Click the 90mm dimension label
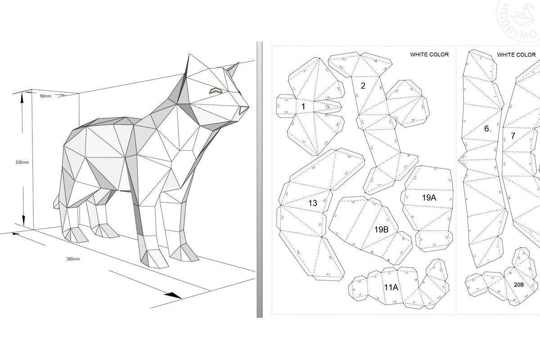pos(45,96)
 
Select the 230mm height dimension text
pos(21,162)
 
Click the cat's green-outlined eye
pos(215,90)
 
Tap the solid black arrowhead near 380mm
pos(173,295)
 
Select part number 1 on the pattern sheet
pos(303,107)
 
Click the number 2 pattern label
pos(363,85)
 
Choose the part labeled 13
pos(312,203)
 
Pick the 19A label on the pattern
pos(429,198)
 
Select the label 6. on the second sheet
pos(487,129)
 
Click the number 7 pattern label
pos(513,135)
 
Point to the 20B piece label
pos(518,285)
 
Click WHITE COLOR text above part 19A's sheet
pos(429,55)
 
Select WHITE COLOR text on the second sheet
pos(516,55)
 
